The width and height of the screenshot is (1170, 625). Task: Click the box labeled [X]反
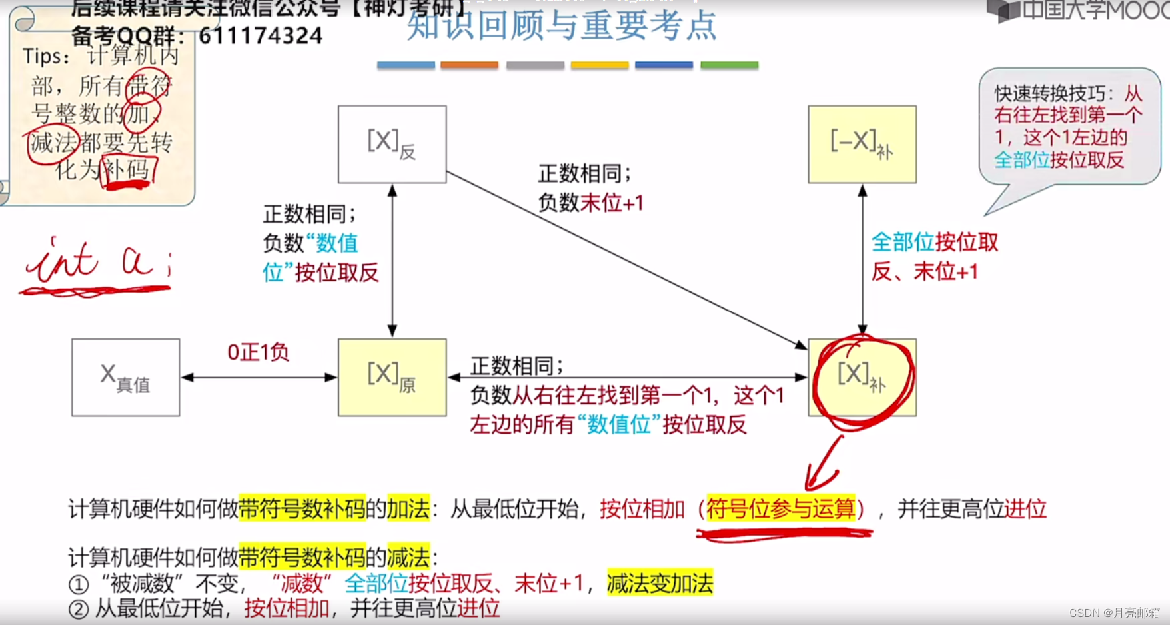(392, 144)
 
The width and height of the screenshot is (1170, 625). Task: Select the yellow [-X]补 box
(862, 144)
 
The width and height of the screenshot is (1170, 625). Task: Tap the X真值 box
(125, 377)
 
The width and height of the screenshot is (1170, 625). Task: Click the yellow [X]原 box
(392, 377)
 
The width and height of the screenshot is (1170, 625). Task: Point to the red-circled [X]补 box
(862, 377)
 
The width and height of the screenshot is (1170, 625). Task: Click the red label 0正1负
(258, 352)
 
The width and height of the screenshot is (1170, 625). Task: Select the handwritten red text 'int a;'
(97, 261)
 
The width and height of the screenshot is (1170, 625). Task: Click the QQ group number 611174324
(261, 36)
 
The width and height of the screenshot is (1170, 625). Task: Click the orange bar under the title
(469, 65)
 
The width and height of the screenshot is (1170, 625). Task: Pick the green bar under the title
(729, 65)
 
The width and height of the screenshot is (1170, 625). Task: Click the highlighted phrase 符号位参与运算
(780, 509)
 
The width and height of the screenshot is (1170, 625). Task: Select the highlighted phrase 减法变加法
(660, 583)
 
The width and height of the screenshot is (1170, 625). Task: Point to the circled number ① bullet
(79, 584)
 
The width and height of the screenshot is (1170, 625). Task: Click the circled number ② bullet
(79, 609)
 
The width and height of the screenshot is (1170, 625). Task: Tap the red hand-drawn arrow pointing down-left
(824, 466)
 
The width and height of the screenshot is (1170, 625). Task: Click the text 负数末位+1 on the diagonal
(591, 203)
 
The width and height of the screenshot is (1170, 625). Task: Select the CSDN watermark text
(1114, 613)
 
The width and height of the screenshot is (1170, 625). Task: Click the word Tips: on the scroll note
(45, 57)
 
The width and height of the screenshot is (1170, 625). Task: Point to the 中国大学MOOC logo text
(1093, 10)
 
